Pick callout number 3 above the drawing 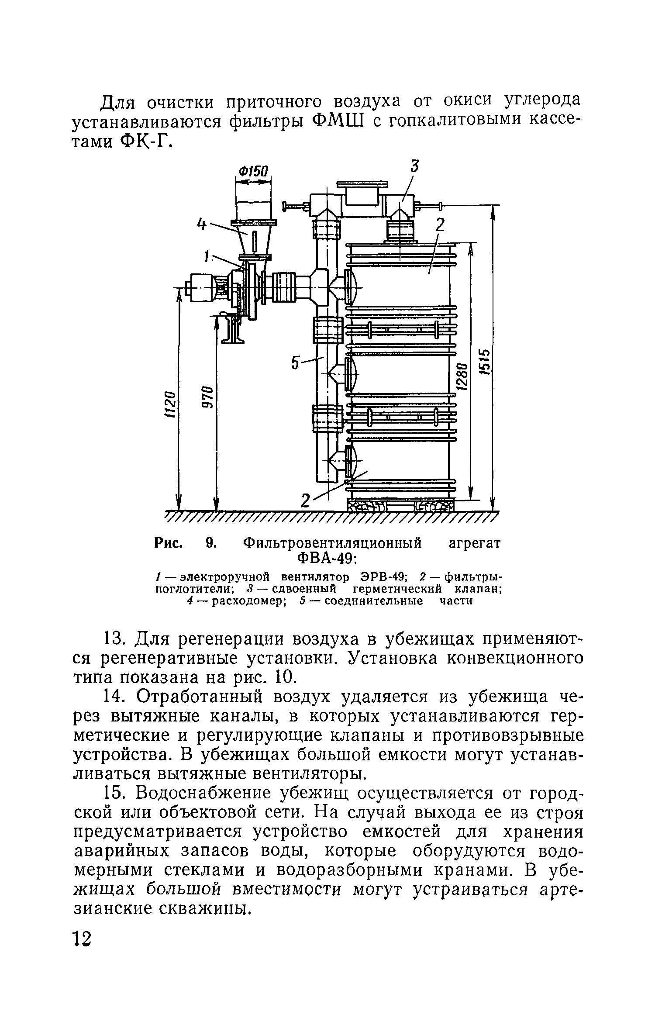414,166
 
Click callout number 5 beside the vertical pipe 296,362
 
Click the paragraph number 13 115,639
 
